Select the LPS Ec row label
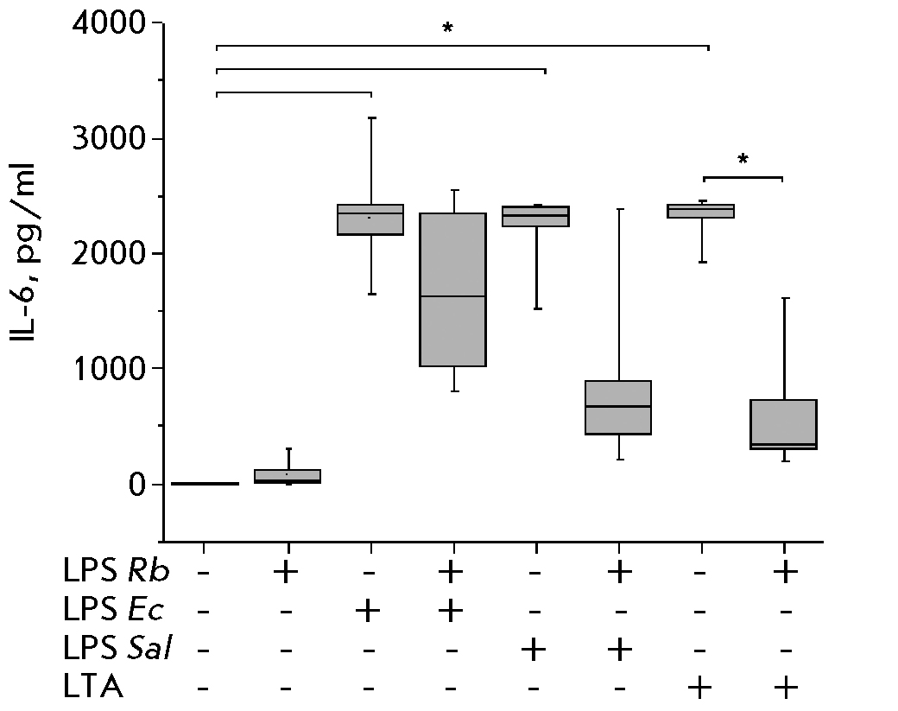tap(113, 611)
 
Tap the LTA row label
tap(93, 688)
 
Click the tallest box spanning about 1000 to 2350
tap(452, 289)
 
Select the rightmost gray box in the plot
tap(784, 424)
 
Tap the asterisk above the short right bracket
tap(743, 161)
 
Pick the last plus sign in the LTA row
tap(784, 688)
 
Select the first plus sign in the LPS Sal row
tap(535, 649)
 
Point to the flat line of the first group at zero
tap(205, 484)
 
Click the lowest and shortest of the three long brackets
tap(294, 92)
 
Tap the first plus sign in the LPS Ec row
tap(370, 611)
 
